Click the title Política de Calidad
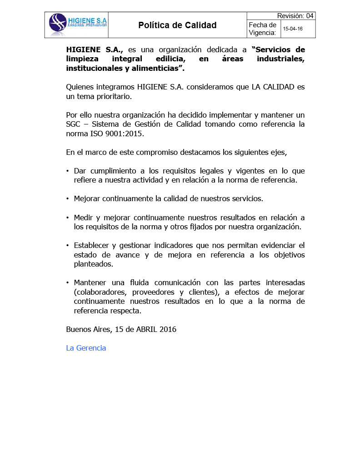[x=177, y=25]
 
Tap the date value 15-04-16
[x=293, y=29]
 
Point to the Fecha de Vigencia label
[x=262, y=29]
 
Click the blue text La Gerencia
[x=86, y=348]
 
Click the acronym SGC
[x=74, y=124]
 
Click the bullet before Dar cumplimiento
[x=68, y=171]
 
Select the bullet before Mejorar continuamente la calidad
[x=68, y=199]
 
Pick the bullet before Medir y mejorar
[x=68, y=218]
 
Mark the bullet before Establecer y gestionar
[x=68, y=246]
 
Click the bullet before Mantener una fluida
[x=68, y=283]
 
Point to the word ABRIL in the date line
[x=146, y=329]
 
